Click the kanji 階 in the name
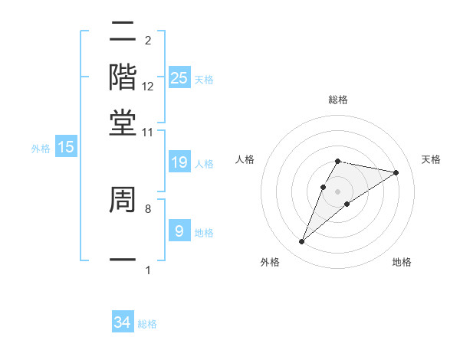tap(123, 77)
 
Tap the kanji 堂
tap(123, 123)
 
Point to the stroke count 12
tap(148, 87)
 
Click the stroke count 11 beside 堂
tap(147, 133)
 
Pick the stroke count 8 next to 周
tap(147, 208)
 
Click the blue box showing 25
tap(179, 77)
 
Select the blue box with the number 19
tap(179, 162)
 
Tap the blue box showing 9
tap(179, 231)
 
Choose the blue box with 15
tap(67, 148)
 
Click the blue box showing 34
tap(123, 322)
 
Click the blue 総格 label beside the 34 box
tap(147, 324)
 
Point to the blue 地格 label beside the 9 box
tap(204, 233)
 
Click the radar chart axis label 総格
tap(337, 100)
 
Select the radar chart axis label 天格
tap(431, 159)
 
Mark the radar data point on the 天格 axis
tap(396, 172)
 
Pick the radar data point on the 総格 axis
tap(337, 161)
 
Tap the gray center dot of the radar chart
tap(337, 191)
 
